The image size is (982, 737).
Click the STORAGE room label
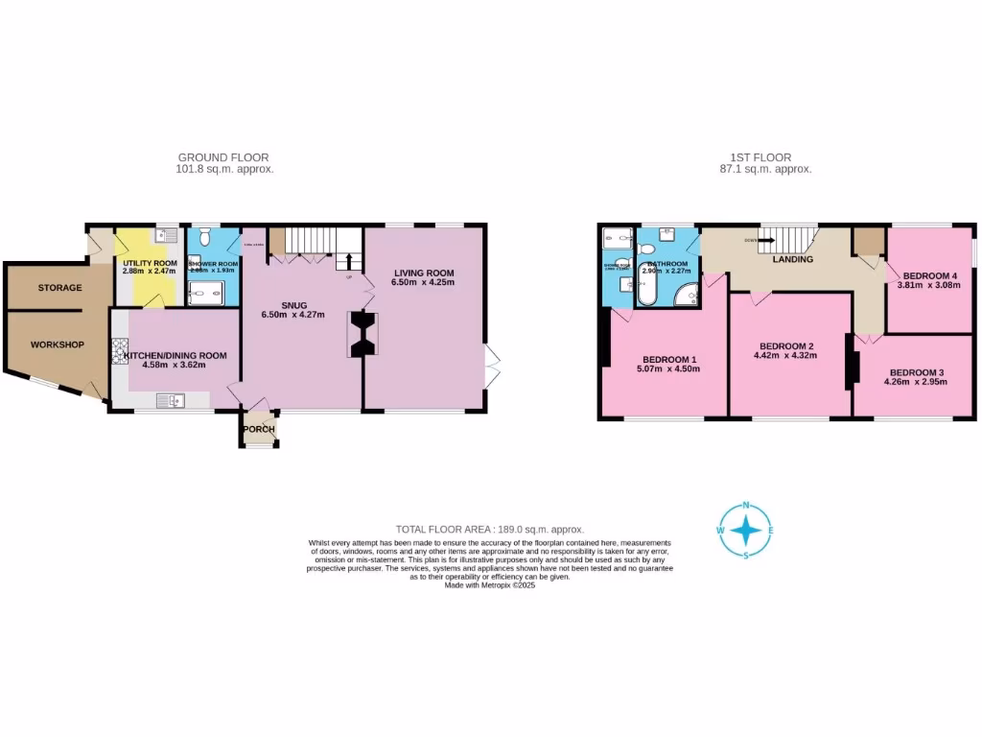click(59, 288)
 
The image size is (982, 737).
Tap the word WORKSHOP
click(57, 345)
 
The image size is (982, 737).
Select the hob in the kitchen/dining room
click(120, 353)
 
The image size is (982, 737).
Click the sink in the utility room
click(166, 235)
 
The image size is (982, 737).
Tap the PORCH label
click(259, 429)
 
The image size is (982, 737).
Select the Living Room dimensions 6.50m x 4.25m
click(423, 284)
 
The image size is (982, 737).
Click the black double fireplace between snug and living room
click(363, 335)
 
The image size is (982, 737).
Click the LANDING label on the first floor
click(793, 260)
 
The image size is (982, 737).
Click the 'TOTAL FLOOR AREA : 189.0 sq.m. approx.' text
click(490, 530)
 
